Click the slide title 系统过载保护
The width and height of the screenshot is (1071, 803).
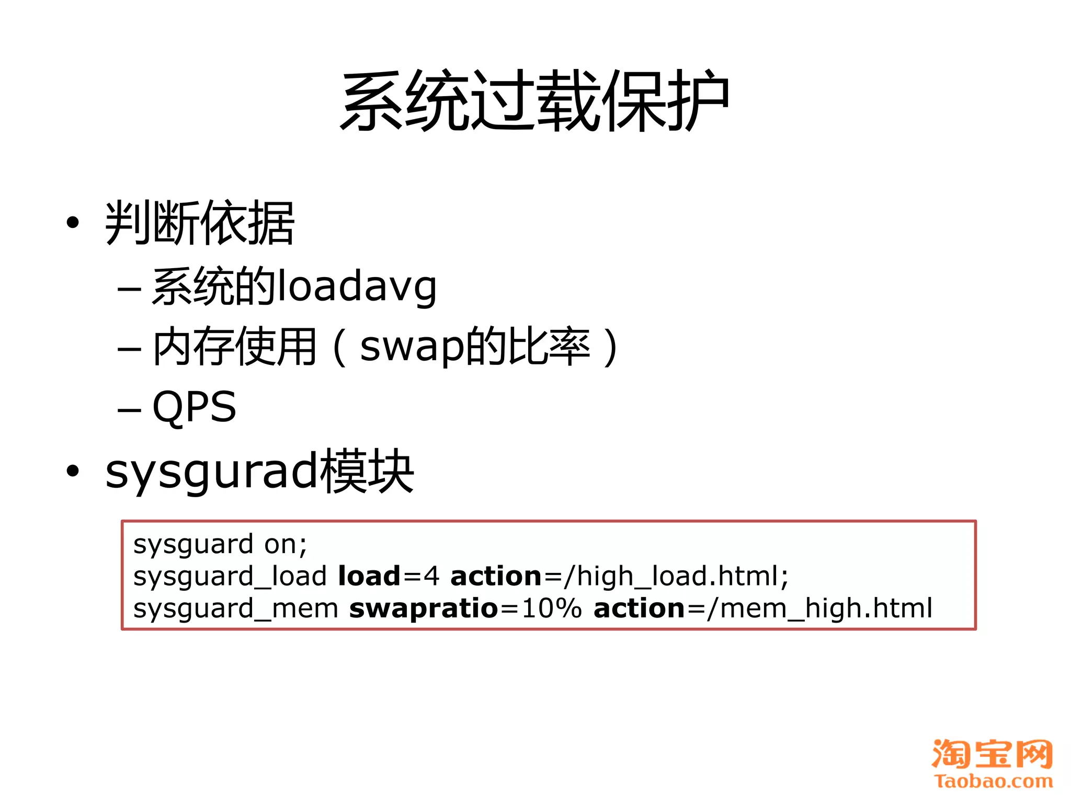coord(534,100)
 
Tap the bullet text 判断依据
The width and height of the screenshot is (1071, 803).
coord(200,223)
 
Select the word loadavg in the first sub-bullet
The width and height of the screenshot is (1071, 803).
coord(357,287)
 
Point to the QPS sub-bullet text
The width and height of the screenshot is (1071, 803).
coord(194,407)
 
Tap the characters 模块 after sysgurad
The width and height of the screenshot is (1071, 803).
coord(367,472)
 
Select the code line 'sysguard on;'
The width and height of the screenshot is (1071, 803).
coord(220,545)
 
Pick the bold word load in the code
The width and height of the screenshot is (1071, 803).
coord(369,576)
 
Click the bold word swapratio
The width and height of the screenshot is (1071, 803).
coord(424,609)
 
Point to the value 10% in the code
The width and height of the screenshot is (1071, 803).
coord(552,609)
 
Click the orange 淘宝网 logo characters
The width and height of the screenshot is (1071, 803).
coord(992,754)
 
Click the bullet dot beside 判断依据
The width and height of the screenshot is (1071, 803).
coord(73,223)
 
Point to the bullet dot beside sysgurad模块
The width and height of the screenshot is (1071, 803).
coord(73,472)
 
